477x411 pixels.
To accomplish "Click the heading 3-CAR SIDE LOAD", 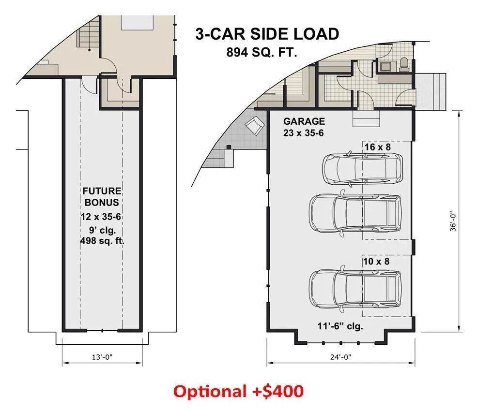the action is pyautogui.click(x=267, y=34).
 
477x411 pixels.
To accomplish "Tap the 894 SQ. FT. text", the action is pyautogui.click(x=262, y=53).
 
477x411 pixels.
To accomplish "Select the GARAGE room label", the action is pyautogui.click(x=304, y=121).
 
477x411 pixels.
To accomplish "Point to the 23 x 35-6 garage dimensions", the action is pyautogui.click(x=303, y=133).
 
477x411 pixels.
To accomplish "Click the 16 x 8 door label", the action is pyautogui.click(x=378, y=147).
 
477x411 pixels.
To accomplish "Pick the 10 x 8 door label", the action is pyautogui.click(x=376, y=261).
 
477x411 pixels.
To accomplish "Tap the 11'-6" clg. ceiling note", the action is pyautogui.click(x=340, y=326).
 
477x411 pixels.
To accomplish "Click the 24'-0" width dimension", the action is pyautogui.click(x=341, y=357).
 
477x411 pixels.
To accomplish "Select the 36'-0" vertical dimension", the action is pyautogui.click(x=453, y=221).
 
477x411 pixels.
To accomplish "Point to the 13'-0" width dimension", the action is pyautogui.click(x=102, y=357).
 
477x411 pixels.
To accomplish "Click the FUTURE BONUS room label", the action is pyautogui.click(x=102, y=196).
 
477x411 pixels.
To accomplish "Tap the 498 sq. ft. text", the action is pyautogui.click(x=102, y=241).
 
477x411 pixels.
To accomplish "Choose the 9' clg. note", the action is pyautogui.click(x=102, y=230).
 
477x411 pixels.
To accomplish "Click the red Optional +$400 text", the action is pyautogui.click(x=238, y=391).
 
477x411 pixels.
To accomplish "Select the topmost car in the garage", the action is pyautogui.click(x=363, y=168).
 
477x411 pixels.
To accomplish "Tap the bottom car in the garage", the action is pyautogui.click(x=355, y=288).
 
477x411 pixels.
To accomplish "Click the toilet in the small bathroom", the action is pyautogui.click(x=404, y=64).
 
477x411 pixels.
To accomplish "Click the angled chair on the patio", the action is pyautogui.click(x=255, y=125).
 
